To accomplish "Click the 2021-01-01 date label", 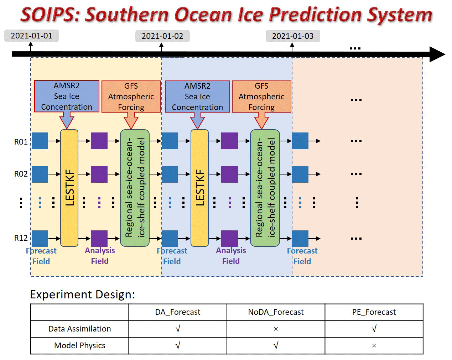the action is point(31,36).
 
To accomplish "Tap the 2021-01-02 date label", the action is point(162,36).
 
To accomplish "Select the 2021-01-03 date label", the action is point(293,36).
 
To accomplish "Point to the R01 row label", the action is point(21,142).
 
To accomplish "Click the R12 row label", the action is point(21,238).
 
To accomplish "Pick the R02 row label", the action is point(21,174).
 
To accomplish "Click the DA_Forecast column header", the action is point(178,312).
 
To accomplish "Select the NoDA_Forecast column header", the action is point(276,312).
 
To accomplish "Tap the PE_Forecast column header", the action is point(374,312).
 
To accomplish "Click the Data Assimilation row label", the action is point(79,329).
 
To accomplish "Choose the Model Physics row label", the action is point(79,345).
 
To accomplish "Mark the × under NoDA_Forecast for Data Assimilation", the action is point(276,329).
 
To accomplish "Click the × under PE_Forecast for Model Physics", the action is point(374,346).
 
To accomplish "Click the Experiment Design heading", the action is point(83,295).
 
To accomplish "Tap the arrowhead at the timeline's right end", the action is point(437,54).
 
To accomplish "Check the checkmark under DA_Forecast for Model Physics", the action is point(178,345).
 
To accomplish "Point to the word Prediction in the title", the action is point(316,15).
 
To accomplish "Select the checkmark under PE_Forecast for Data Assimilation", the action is point(374,329).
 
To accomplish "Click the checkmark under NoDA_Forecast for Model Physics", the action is point(276,345).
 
